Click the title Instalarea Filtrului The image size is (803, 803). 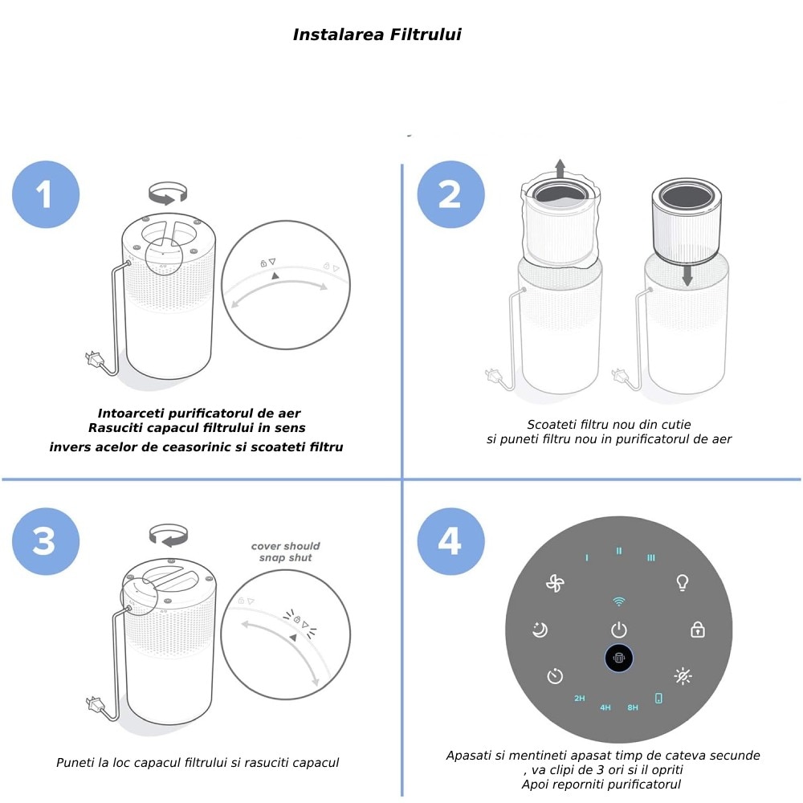pos(377,35)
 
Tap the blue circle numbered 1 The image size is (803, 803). pos(46,194)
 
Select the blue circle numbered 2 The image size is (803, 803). pos(450,194)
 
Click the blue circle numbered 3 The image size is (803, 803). pos(46,541)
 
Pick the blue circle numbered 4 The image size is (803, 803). pos(450,541)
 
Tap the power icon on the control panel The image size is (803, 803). pos(618,630)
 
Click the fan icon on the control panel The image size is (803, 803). pos(555,584)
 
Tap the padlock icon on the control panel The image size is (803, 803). pos(698,630)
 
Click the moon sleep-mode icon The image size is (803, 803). pos(540,630)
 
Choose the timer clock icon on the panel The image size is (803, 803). pos(555,676)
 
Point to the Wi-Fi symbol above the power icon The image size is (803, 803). pos(618,601)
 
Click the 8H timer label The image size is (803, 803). pos(633,707)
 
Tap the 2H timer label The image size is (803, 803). pos(579,698)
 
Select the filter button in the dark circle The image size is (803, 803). pos(618,658)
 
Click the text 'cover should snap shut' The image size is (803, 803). pos(285,552)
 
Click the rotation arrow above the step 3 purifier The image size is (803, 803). pos(169,535)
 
